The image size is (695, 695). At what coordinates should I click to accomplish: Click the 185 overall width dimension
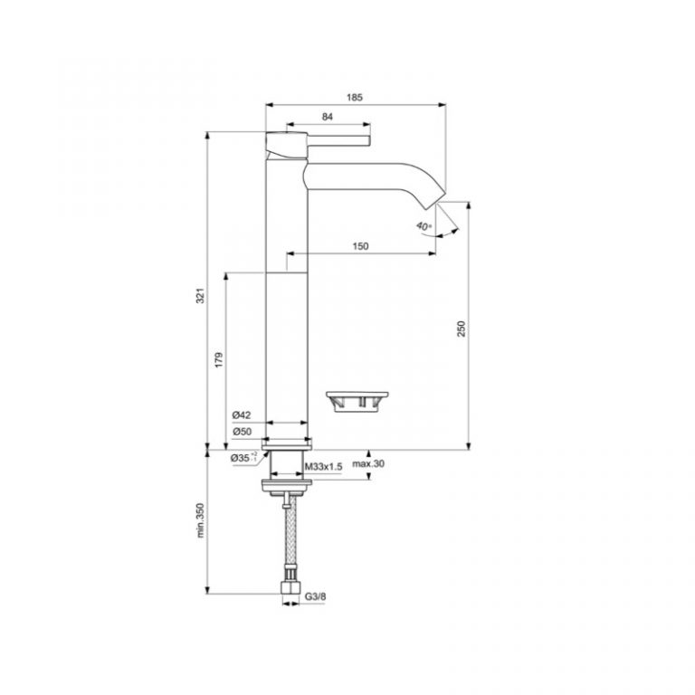[354, 96]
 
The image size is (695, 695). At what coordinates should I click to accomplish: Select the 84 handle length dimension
[327, 116]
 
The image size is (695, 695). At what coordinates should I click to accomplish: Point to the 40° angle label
[424, 225]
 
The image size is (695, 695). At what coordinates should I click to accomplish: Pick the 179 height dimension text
[218, 359]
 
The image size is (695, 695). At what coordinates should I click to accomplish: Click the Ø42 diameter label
[241, 415]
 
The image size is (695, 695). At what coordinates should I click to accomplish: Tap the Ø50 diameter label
[241, 432]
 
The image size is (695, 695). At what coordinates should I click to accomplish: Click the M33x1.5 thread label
[322, 465]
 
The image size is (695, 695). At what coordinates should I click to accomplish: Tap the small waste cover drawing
[358, 401]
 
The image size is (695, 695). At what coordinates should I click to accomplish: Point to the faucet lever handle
[335, 139]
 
